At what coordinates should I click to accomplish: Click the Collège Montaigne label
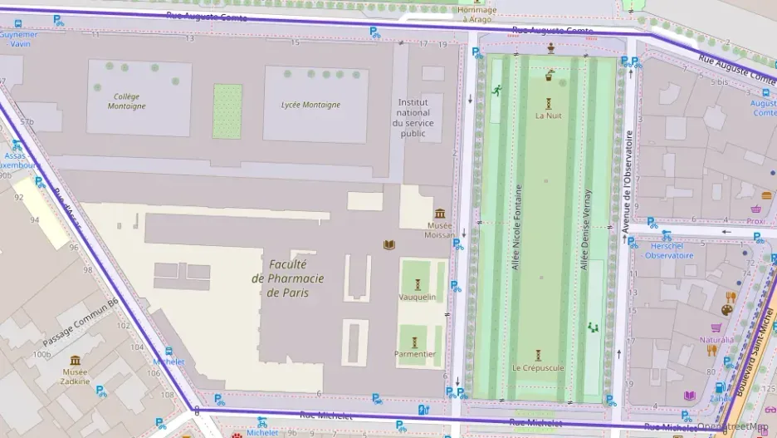click(x=127, y=101)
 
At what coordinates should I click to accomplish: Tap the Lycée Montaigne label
click(x=310, y=105)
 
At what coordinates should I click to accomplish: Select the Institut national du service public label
click(x=413, y=117)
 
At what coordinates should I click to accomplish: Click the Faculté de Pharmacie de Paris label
click(x=287, y=278)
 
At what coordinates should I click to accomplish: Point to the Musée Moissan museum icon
click(x=439, y=214)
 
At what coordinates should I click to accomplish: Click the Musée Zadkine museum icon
click(x=76, y=361)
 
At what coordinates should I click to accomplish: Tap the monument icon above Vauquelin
click(x=418, y=284)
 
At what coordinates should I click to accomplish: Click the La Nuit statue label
click(x=548, y=116)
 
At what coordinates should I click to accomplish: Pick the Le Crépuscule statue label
click(x=537, y=367)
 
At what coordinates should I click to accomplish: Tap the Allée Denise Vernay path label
click(x=586, y=227)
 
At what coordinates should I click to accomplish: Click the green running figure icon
click(x=497, y=90)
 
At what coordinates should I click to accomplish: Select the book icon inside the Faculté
click(x=388, y=244)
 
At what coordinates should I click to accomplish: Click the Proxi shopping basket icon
click(x=756, y=209)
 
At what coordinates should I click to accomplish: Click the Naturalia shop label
click(x=716, y=340)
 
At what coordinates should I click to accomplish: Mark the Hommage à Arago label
click(x=477, y=14)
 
